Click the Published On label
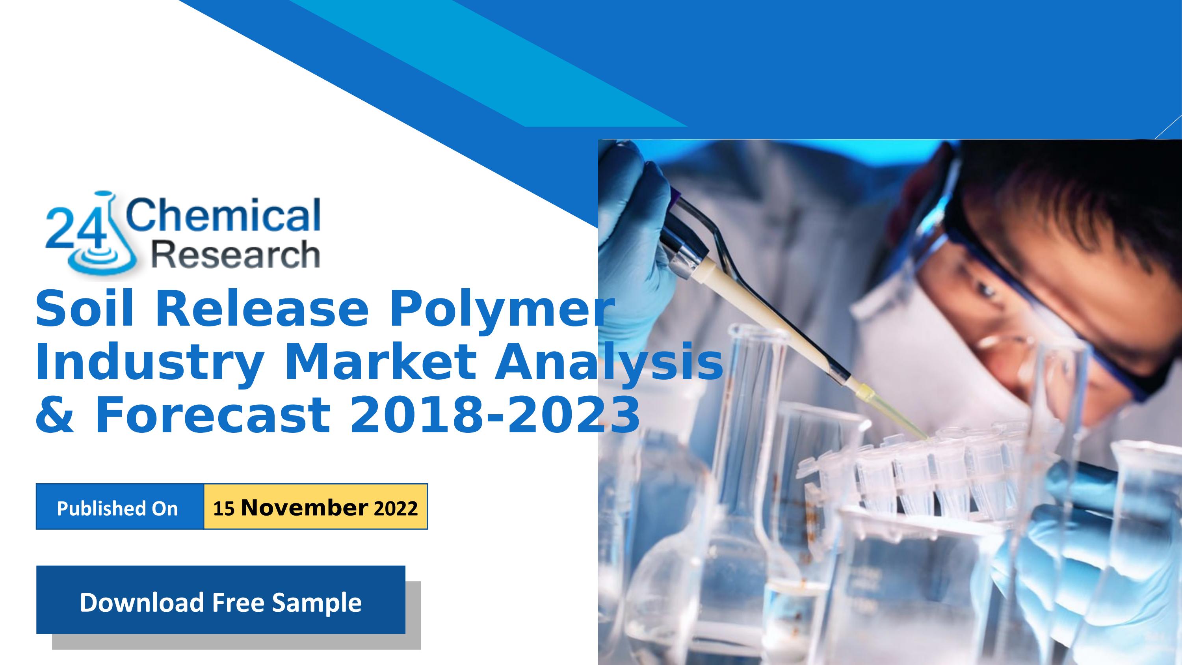[x=117, y=509]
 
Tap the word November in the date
[x=305, y=508]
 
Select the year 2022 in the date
[x=396, y=509]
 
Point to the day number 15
[x=224, y=509]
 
